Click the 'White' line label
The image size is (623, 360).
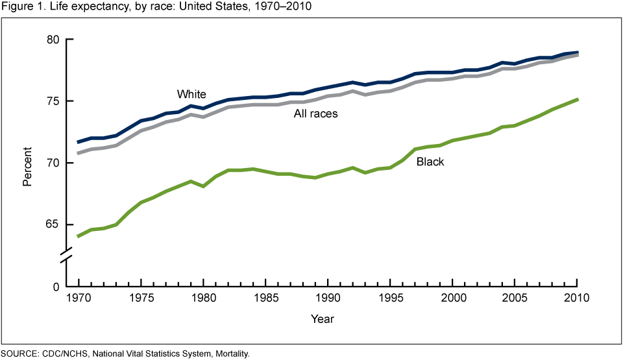pos(191,95)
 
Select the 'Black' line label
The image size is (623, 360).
pos(430,162)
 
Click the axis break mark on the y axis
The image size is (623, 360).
pos(67,256)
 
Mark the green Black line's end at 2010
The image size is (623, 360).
pos(577,99)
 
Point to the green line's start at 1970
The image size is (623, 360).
pos(78,236)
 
